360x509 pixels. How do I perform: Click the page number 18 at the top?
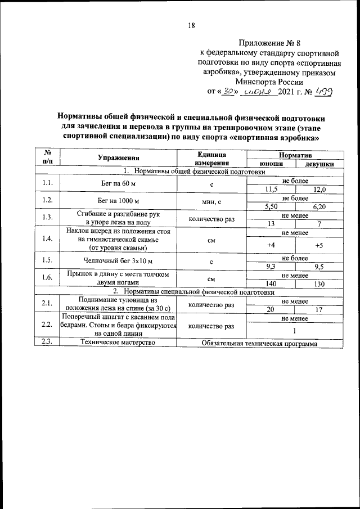point(191,25)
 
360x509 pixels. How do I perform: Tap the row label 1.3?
point(47,218)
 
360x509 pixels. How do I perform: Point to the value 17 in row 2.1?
point(319,310)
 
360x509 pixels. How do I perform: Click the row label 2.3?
point(47,343)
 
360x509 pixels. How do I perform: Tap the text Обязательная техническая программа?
point(260,344)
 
